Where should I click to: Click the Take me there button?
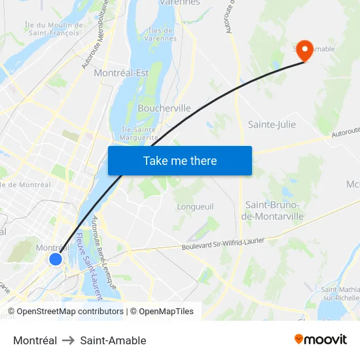[x=180, y=160]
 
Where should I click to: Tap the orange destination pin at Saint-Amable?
[x=304, y=49]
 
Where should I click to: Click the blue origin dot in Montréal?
[x=56, y=259]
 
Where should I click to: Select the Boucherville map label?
[x=164, y=108]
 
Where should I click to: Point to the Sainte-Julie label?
[x=272, y=124]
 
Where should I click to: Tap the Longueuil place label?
[x=195, y=206]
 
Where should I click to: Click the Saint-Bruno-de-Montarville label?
[x=273, y=210]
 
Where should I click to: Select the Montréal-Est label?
[x=121, y=73]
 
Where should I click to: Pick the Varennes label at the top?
[x=179, y=3]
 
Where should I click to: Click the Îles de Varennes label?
[x=160, y=34]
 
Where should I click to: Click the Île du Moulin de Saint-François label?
[x=54, y=28]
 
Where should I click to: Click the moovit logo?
[x=320, y=339]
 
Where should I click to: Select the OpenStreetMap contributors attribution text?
[x=69, y=312]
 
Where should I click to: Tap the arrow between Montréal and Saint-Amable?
[x=69, y=340]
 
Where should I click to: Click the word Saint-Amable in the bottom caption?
[x=113, y=340]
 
